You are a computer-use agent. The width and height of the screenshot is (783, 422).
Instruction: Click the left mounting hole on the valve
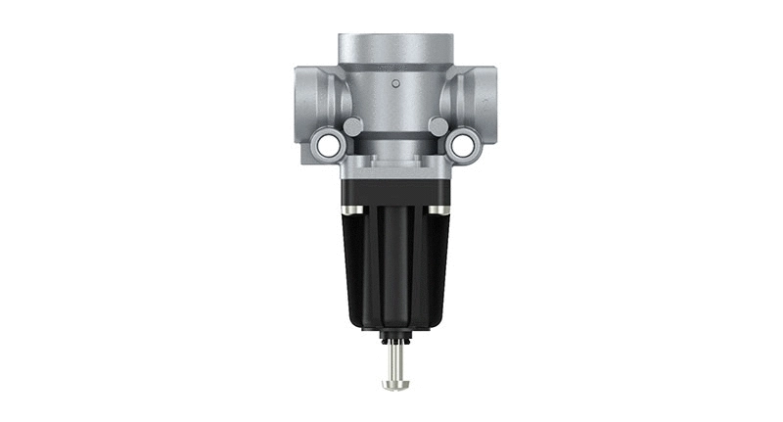click(x=326, y=146)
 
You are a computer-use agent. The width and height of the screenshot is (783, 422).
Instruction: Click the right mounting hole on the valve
click(x=460, y=146)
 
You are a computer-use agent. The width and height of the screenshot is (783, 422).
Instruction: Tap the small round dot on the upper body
click(x=395, y=84)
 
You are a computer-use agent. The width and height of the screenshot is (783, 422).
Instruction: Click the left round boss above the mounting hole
click(x=352, y=126)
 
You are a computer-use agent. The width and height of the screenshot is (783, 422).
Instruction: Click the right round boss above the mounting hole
click(x=437, y=126)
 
